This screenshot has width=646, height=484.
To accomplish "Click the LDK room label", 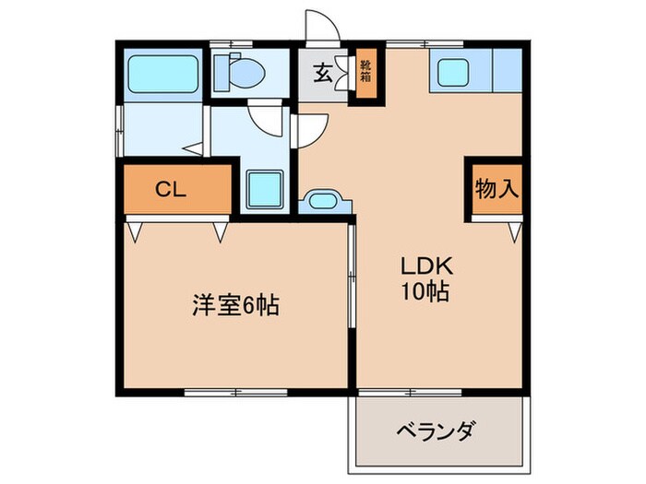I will (425, 265).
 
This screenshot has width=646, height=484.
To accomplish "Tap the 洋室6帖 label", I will (235, 304).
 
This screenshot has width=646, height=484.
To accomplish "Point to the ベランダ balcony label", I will (437, 430).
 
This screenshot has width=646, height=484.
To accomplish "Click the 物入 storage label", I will (496, 189).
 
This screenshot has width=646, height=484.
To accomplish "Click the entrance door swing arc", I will (321, 25).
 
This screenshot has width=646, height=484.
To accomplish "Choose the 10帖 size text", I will (425, 292).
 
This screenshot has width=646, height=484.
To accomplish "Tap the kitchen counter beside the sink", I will (508, 72).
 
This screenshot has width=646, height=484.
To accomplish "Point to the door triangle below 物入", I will (514, 231).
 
